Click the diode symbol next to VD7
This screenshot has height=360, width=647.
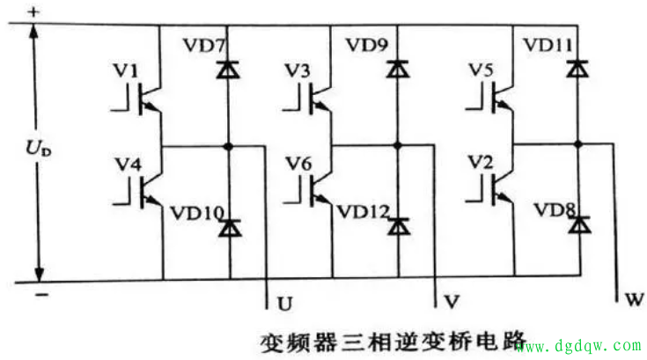click(228, 68)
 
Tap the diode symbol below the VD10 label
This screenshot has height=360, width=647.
click(229, 228)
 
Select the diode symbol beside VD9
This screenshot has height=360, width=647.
click(400, 67)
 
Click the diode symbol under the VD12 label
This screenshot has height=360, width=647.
click(400, 227)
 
